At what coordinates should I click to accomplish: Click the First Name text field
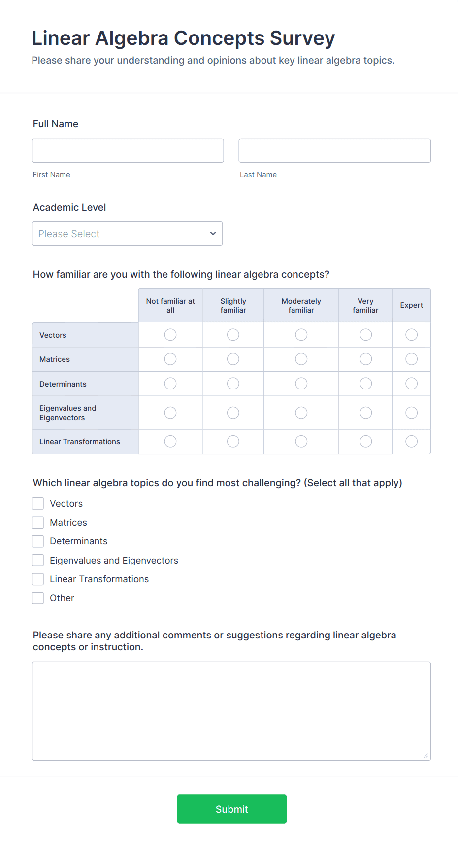point(128,150)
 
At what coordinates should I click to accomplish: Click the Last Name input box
point(334,150)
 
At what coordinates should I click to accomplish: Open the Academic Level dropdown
point(127,233)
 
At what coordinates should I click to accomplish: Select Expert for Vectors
point(411,335)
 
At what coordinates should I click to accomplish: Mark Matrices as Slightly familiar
point(233,359)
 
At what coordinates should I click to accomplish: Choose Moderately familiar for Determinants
point(301,384)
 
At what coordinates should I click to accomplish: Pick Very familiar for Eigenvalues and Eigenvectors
point(365,413)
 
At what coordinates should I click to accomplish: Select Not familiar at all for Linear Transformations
point(170,441)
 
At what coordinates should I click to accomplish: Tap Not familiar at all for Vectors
point(170,335)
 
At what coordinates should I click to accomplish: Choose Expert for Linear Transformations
point(411,441)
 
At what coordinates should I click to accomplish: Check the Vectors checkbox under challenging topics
point(38,503)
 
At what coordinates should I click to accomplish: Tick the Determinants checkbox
point(38,541)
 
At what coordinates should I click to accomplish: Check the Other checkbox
point(38,598)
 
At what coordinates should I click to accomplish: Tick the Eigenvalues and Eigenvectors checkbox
point(38,560)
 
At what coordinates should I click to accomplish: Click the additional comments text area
point(231,711)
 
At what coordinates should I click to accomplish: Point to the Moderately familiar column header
point(301,306)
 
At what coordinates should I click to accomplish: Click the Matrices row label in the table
point(55,359)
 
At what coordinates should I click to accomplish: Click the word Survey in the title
point(302,38)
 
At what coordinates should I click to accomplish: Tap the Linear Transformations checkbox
point(38,579)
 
